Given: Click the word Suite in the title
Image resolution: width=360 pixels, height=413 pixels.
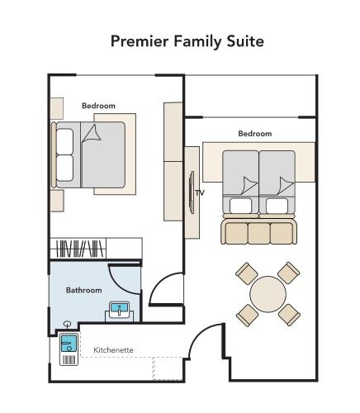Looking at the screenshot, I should (x=244, y=40).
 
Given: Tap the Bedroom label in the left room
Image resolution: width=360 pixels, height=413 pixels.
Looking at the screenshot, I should (x=98, y=106).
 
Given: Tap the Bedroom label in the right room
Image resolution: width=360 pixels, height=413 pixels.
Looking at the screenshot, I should (x=254, y=133).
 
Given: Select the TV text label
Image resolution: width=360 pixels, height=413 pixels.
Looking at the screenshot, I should (x=199, y=193).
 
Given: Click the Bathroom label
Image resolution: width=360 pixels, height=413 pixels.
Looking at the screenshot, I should (x=83, y=290).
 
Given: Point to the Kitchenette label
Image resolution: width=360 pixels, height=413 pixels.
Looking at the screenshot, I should (x=113, y=349).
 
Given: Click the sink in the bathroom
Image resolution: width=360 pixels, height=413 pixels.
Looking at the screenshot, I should (x=121, y=311).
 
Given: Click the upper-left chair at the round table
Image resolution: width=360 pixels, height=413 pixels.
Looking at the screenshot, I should (x=245, y=272).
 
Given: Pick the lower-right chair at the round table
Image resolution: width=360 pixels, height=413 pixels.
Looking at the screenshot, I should (x=288, y=314).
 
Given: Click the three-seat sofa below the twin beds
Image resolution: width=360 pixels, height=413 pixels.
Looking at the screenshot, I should (x=258, y=230).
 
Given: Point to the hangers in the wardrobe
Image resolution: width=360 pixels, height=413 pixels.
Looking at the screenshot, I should (x=79, y=248).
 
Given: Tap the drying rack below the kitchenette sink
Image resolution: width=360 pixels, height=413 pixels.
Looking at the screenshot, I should (x=69, y=359).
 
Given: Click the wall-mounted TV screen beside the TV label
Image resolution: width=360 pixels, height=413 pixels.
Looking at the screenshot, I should (x=191, y=192).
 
